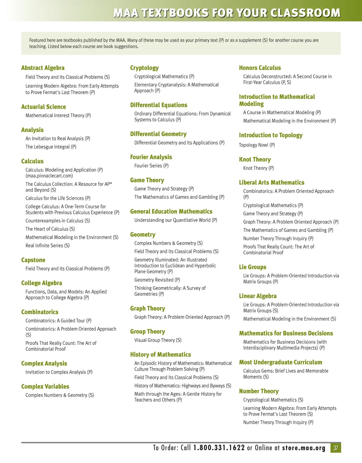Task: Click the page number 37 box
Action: click(x=336, y=448)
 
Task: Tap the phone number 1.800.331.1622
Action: click(x=219, y=448)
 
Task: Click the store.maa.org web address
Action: click(x=304, y=448)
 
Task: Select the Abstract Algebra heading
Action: click(x=43, y=68)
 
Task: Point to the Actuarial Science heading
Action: click(x=43, y=107)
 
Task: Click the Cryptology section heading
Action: click(x=144, y=68)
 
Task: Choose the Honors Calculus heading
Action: click(x=260, y=68)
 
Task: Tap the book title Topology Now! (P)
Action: click(x=257, y=145)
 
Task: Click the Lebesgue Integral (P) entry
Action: click(x=51, y=147)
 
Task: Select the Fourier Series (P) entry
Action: click(x=151, y=165)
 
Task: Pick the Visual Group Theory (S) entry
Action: click(x=158, y=340)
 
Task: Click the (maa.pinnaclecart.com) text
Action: click(x=49, y=176)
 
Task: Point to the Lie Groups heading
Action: click(x=252, y=267)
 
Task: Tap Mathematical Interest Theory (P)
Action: click(x=58, y=115)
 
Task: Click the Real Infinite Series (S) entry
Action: click(x=47, y=245)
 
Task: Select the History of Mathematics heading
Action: click(x=160, y=354)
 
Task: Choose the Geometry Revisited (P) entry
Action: click(x=157, y=280)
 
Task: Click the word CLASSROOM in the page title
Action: click(x=305, y=13)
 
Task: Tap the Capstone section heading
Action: click(x=33, y=260)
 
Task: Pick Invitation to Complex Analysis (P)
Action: click(x=59, y=372)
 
